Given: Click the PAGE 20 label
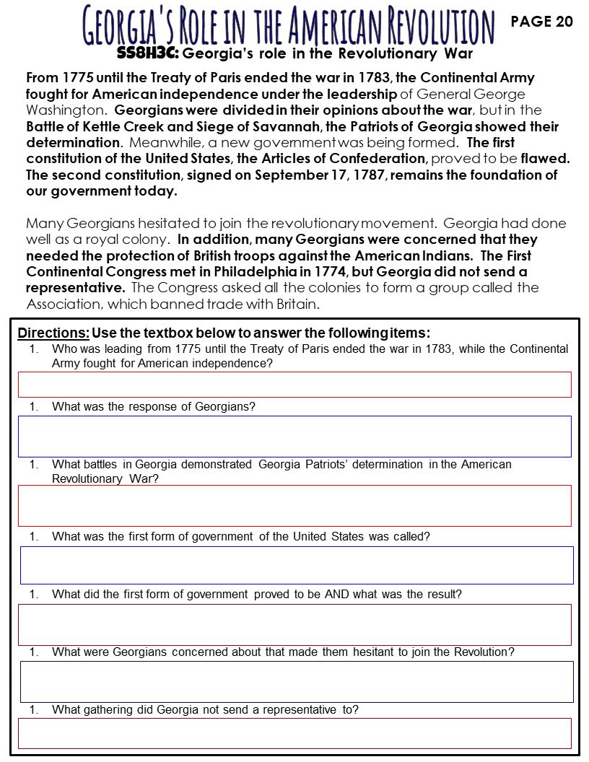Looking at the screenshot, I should tap(541, 22).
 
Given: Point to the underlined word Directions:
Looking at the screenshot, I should tap(53, 333).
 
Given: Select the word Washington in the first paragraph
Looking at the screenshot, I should tap(66, 110).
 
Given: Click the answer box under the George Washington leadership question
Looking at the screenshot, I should tap(294, 385).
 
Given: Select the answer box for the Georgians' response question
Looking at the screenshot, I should tap(294, 436).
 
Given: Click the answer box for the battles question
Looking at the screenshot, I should tap(294, 505).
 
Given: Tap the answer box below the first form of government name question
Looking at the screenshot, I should tap(296, 565).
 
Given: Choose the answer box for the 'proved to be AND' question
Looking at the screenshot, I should tap(294, 624).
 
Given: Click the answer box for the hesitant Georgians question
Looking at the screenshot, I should tap(296, 682).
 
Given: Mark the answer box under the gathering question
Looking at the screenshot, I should tap(294, 733).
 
